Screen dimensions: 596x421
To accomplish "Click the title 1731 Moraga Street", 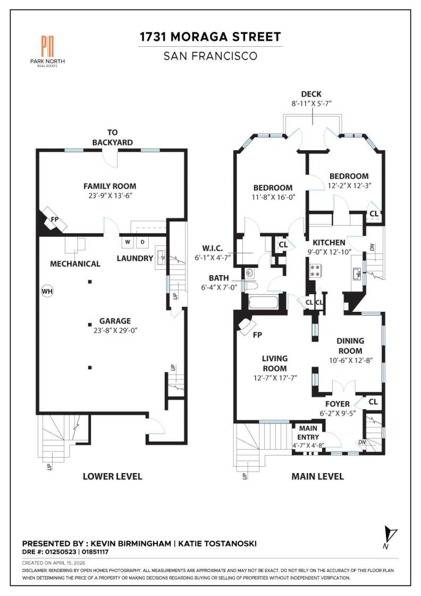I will point(210,37).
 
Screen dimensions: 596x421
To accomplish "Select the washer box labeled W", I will point(128,242).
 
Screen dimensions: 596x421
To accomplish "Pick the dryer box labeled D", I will point(142,242).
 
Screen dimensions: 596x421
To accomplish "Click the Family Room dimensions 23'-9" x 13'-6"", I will point(110,196).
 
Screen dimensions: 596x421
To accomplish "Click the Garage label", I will point(115,321).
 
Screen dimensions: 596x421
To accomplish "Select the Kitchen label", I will point(329,243).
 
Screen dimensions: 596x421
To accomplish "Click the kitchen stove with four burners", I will point(314,271).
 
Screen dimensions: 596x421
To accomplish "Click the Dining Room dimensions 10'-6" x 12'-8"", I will point(350,360).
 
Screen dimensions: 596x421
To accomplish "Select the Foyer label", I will point(337,404).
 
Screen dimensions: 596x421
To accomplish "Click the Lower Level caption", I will point(112,476).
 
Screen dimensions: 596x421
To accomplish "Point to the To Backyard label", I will point(112,137).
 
